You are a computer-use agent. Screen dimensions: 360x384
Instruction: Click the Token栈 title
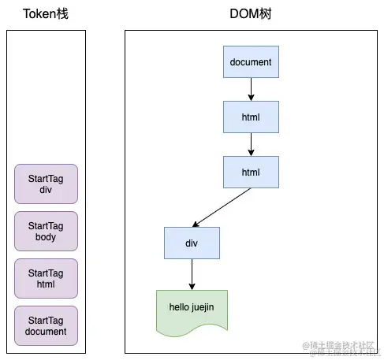click(46, 13)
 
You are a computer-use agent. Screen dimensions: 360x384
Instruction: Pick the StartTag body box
click(46, 232)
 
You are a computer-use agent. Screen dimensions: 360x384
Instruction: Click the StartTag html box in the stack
click(46, 279)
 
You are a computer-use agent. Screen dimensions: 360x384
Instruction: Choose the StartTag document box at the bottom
click(46, 326)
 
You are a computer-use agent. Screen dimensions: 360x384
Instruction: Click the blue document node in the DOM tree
click(251, 62)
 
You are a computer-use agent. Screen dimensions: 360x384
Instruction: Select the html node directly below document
click(251, 117)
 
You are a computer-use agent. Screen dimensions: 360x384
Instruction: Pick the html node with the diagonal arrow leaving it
click(251, 171)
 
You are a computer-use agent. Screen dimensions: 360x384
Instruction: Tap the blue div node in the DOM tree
click(192, 243)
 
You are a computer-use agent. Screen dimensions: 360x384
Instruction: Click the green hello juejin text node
click(192, 310)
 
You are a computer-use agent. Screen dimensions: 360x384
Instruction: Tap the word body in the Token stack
click(46, 237)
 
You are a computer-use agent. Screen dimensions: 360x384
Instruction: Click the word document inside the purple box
click(46, 332)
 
